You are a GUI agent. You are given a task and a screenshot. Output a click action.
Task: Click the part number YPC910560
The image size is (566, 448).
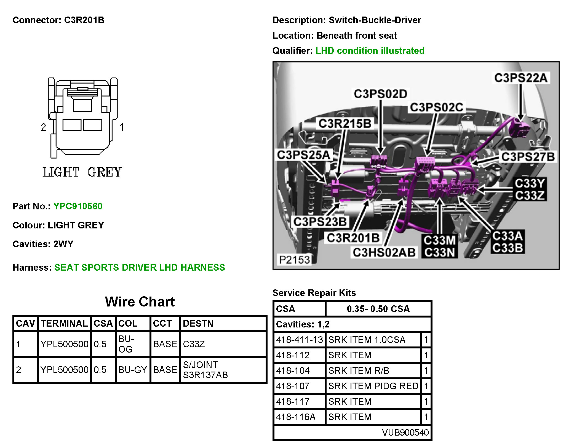[x=78, y=206]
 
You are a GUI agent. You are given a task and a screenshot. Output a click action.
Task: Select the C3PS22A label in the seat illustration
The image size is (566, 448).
[x=520, y=78]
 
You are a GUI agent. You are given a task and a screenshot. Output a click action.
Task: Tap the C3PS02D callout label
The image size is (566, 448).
[x=380, y=94]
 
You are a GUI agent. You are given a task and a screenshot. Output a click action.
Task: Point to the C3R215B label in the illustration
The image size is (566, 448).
[x=345, y=124]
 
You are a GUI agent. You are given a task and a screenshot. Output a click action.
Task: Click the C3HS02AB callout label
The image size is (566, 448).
[x=384, y=252]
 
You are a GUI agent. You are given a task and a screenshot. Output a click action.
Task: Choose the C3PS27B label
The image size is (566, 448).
[x=528, y=157]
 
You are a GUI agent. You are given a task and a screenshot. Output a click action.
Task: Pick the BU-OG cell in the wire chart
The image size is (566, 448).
[x=126, y=344]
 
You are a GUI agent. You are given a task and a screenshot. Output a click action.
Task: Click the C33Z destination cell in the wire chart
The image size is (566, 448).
[x=194, y=344]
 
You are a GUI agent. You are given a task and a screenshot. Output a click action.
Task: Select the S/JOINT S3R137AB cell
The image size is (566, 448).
[x=205, y=370]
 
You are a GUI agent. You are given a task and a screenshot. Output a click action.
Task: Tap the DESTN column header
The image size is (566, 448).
[x=198, y=323]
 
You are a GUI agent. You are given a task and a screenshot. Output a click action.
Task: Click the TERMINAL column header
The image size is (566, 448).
[x=64, y=323]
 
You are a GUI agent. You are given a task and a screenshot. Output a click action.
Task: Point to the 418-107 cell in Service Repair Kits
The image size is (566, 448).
[x=293, y=386]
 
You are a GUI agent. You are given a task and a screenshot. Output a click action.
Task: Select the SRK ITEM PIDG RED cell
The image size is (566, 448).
[x=373, y=386]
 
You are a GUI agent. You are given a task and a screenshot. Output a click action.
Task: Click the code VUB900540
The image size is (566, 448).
[x=405, y=432]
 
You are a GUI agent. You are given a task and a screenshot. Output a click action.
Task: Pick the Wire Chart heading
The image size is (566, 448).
[x=140, y=302]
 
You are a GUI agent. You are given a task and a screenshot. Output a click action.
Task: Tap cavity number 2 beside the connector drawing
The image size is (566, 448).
[x=44, y=127]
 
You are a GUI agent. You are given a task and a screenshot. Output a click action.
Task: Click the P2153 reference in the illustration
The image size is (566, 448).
[x=295, y=260]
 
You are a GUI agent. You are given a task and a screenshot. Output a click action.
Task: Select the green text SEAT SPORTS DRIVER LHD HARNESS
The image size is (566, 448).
[x=140, y=267]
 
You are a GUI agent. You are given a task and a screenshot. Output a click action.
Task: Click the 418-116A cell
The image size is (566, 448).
[x=296, y=417]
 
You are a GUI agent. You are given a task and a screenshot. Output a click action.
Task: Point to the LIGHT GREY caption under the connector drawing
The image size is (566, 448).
[x=82, y=172]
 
